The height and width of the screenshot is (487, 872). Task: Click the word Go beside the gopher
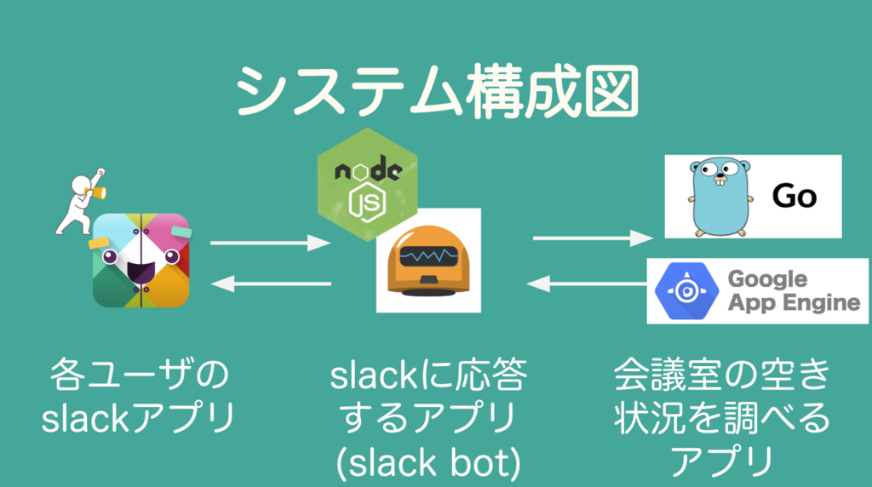794,197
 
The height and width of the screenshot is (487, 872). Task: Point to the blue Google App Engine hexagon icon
684,291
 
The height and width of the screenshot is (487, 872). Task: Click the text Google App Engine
793,291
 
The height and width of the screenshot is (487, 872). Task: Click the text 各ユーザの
140,376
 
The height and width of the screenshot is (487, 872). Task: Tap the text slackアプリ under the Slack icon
138,418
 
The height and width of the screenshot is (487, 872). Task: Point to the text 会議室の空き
720,376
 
